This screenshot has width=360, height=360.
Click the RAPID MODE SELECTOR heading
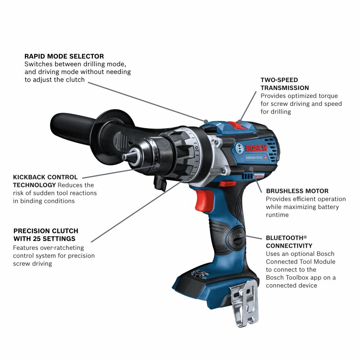[x=64, y=57]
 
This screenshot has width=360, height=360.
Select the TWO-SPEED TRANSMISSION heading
[x=284, y=84]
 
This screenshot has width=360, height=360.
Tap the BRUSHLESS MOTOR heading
[x=297, y=191]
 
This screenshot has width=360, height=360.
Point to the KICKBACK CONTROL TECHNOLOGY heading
[x=45, y=181]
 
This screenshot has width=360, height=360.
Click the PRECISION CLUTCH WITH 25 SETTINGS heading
[x=45, y=235]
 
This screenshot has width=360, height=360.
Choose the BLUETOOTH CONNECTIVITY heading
[x=289, y=242]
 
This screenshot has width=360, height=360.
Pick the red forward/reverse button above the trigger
[x=225, y=184]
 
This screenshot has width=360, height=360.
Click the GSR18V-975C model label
[x=253, y=157]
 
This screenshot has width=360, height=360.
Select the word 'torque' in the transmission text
[x=327, y=96]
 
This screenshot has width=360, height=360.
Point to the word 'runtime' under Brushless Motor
[x=278, y=215]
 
